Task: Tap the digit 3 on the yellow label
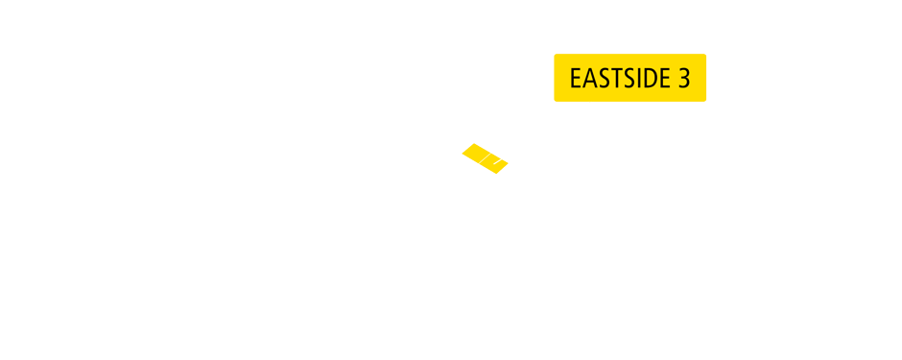click(x=684, y=79)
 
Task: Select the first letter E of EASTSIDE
click(x=576, y=79)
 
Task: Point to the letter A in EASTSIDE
click(x=588, y=79)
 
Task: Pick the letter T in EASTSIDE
click(x=613, y=79)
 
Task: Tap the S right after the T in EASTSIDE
click(x=626, y=79)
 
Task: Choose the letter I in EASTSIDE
click(x=635, y=79)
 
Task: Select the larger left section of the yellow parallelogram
click(x=477, y=154)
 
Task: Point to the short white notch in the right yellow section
click(x=497, y=163)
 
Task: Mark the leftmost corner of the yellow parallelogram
click(x=462, y=152)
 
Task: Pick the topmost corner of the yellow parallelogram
click(x=474, y=143)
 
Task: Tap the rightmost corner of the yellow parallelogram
click(x=509, y=164)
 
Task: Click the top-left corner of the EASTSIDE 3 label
click(x=556, y=56)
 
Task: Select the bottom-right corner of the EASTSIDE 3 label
click(x=704, y=100)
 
